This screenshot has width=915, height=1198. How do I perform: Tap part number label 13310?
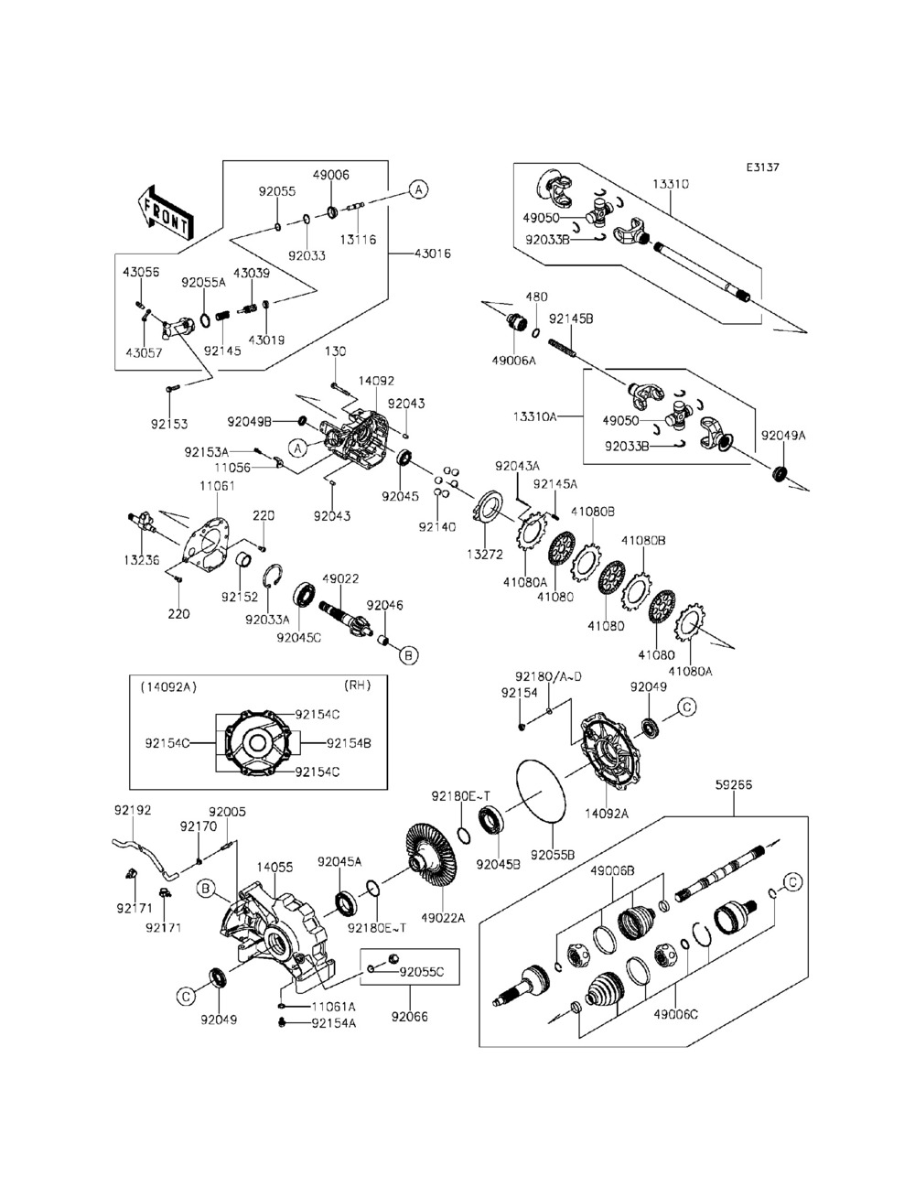[671, 184]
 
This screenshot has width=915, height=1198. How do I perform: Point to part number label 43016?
[432, 253]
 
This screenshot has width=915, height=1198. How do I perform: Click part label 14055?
[274, 866]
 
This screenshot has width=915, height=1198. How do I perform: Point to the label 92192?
[133, 810]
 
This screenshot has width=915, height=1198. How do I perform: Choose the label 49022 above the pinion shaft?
[340, 579]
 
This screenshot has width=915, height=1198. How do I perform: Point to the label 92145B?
[571, 318]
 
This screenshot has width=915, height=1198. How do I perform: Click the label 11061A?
[333, 1007]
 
